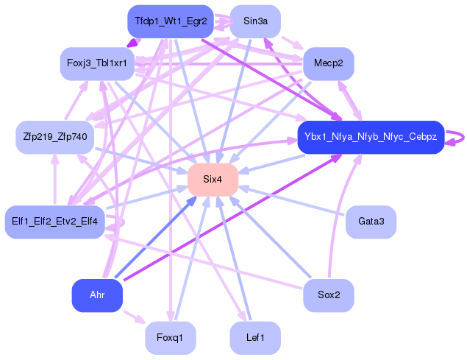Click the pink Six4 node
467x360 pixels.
tap(213, 180)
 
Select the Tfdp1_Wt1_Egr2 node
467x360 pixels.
tap(171, 21)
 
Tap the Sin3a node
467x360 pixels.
tap(255, 21)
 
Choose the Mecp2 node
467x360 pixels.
tap(328, 63)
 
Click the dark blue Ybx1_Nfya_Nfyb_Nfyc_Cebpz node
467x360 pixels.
tap(370, 137)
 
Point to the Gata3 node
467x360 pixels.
tap(371, 222)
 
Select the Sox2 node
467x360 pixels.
tap(329, 295)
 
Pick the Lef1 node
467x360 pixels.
tap(255, 338)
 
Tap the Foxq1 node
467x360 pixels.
tap(171, 338)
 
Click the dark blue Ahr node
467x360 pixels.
tap(97, 295)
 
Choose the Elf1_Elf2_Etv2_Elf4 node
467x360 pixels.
tap(55, 222)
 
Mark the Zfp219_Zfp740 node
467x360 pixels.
tap(55, 137)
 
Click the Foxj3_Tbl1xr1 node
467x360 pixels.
tap(97, 63)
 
